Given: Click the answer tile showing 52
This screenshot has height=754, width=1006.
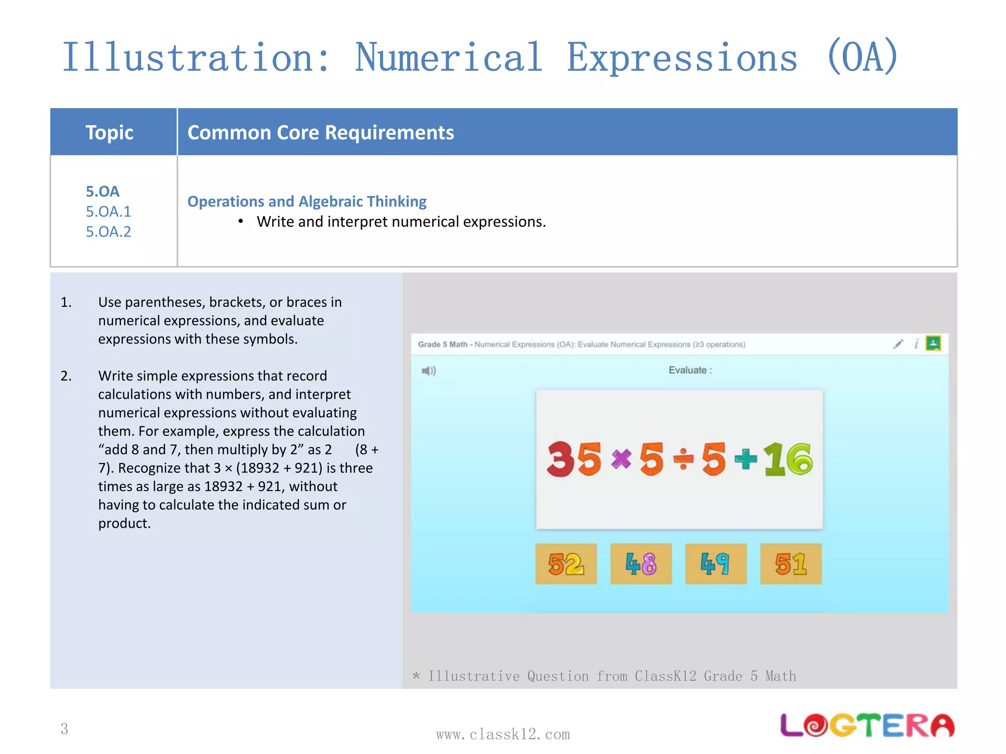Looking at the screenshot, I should [566, 564].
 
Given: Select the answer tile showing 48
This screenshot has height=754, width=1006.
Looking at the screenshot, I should [641, 564].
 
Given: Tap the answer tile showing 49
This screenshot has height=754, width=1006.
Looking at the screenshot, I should [716, 564].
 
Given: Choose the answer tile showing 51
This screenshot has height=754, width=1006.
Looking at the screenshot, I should [790, 564].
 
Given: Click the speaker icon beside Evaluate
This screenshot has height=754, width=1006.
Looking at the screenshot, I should [428, 371].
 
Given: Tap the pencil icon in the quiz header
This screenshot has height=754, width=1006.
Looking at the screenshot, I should [898, 344].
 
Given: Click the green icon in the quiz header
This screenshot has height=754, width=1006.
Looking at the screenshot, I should [933, 343].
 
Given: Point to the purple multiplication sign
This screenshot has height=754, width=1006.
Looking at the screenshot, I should [621, 459].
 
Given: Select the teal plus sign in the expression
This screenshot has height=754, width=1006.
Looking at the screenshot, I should [746, 459].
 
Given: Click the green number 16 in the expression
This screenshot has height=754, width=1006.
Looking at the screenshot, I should [788, 459].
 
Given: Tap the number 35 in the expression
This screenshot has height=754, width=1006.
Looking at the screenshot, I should [574, 459].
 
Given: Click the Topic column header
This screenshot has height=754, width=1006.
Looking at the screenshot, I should [110, 133].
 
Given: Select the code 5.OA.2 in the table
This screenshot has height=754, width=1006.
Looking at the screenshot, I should [109, 232].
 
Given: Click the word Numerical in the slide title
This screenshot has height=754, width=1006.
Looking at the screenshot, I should [448, 57].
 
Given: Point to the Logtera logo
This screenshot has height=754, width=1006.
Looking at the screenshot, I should [867, 726].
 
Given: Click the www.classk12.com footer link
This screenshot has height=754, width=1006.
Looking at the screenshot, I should [503, 734].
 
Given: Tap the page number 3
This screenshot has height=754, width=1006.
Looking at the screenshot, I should [64, 728].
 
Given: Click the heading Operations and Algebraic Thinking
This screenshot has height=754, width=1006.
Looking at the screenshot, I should [307, 201].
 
